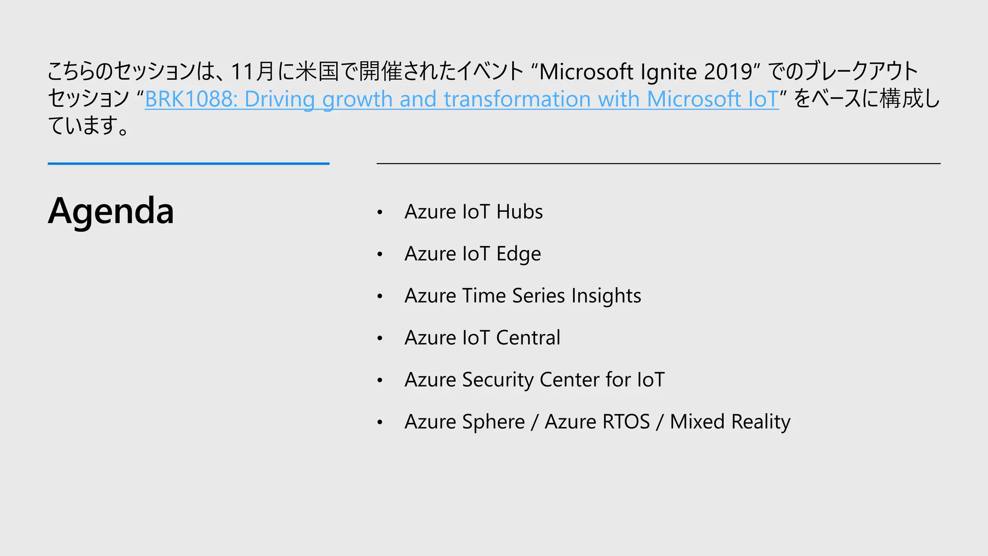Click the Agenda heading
pos(111,211)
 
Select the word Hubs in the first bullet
pos(520,212)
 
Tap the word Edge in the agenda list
pos(519,254)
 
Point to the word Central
pos(528,338)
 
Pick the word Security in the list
pos(498,380)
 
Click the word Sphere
pos(493,422)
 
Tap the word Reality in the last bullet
pos(761,422)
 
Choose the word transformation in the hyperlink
pos(517,99)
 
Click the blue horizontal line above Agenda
pos(189,164)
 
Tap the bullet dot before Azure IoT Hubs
pos(380,212)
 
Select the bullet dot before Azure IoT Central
pos(380,338)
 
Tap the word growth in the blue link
pos(357,99)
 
